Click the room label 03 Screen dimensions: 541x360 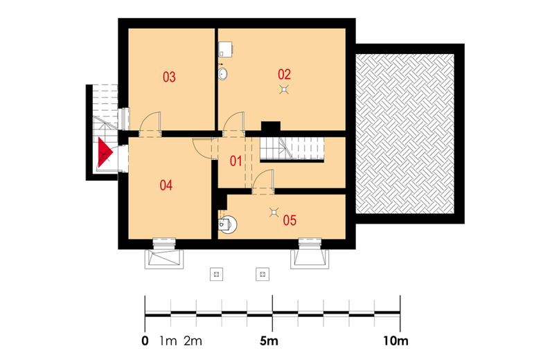coord(169,77)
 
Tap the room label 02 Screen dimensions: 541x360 coord(284,74)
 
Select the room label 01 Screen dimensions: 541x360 coord(236,161)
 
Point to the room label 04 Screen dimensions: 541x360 coord(166,185)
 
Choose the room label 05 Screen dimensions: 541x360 coord(290,220)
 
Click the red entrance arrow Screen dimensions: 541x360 coord(105,152)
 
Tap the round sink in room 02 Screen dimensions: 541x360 coord(223,73)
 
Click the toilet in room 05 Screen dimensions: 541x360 coord(227,224)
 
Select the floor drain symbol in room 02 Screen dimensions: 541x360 coord(283,90)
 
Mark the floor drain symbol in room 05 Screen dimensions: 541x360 coord(274,213)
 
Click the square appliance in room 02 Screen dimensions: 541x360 coord(225,49)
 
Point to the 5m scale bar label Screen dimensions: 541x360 coord(269,341)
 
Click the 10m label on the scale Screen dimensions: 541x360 coord(396,341)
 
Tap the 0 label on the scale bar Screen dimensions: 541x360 coord(145,341)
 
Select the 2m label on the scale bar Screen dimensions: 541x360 coord(193,341)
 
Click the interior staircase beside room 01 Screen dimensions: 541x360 coord(292,149)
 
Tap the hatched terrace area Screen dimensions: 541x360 coord(405,134)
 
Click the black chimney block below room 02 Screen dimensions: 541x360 coord(270,127)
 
